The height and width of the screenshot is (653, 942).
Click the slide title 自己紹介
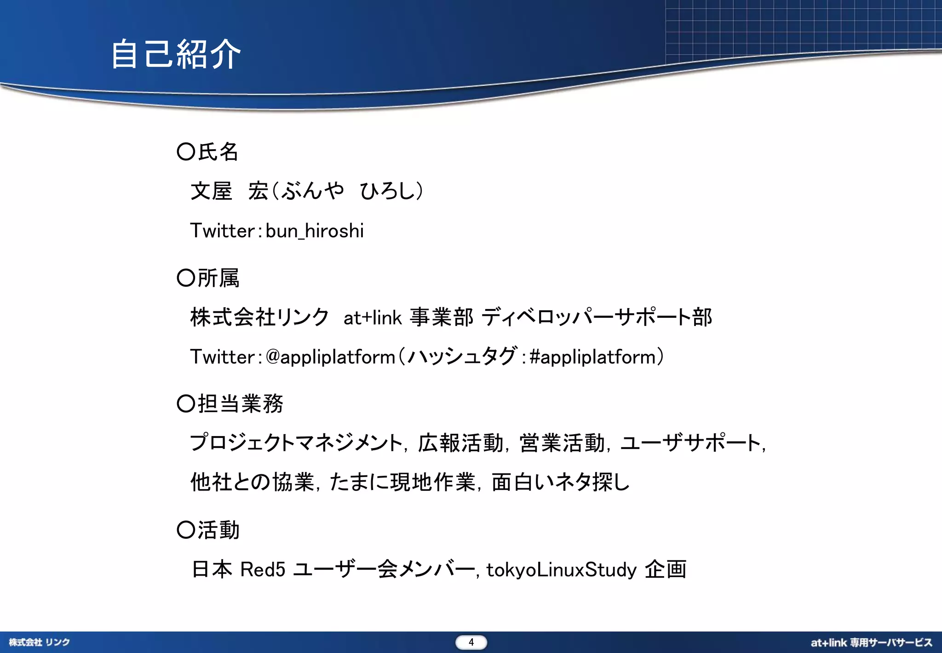[176, 54]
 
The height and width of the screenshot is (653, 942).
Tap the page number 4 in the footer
[471, 642]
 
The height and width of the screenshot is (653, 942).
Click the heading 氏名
[218, 152]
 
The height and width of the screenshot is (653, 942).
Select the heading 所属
[218, 278]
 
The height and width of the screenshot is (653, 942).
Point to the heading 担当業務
[240, 404]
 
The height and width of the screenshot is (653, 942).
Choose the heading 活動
[218, 530]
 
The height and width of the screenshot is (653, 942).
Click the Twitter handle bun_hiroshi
[315, 231]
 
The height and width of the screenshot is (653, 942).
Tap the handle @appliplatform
[330, 357]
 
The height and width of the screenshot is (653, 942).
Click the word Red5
[263, 570]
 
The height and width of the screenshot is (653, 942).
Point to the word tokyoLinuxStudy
[561, 570]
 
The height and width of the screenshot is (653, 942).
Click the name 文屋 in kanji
[211, 191]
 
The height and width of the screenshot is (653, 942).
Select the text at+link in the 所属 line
[373, 317]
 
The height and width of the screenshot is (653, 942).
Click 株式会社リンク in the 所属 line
[259, 317]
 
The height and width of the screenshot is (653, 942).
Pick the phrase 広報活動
[460, 443]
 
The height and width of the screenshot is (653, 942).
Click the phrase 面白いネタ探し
[560, 482]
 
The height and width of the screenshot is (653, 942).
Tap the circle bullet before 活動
[186, 530]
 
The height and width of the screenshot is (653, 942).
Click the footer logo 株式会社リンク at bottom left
[40, 642]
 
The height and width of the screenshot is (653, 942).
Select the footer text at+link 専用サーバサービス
[871, 642]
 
